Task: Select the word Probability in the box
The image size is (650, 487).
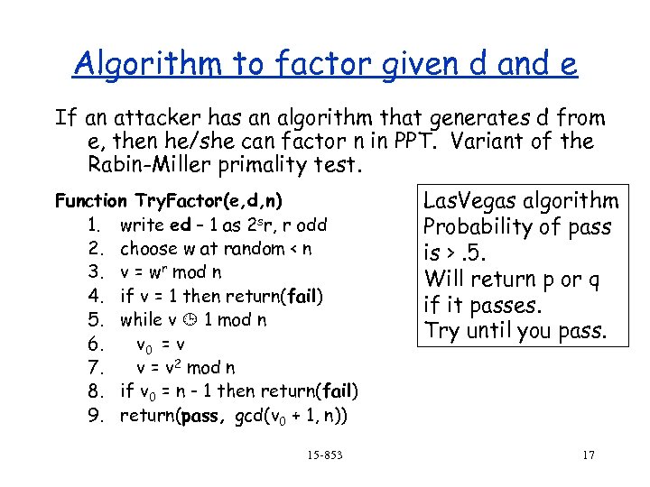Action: (477, 226)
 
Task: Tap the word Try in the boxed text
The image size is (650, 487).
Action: (441, 330)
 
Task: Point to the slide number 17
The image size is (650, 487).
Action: (588, 455)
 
